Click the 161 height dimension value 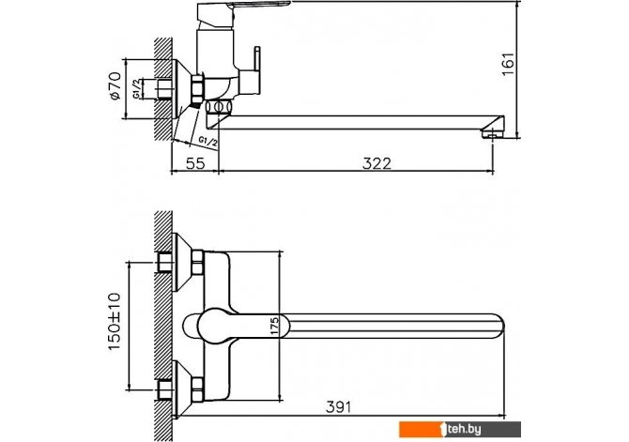coord(508,64)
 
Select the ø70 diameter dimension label coord(115,85)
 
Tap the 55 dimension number coord(195,163)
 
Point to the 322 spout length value coord(376,163)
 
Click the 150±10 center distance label coord(115,322)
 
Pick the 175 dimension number coord(274,326)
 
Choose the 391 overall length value coord(338,407)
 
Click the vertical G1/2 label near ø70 coord(137,89)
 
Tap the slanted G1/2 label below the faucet coord(208,142)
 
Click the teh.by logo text coord(464,430)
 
